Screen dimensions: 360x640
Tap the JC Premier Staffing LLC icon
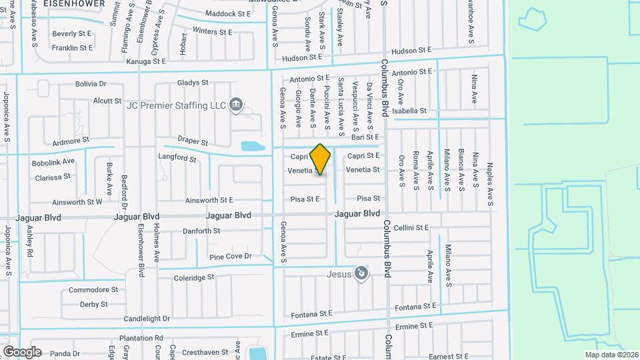tap(235, 105)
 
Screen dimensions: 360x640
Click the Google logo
tap(22, 351)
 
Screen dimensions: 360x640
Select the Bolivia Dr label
tap(91, 84)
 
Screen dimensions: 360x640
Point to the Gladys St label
tap(193, 83)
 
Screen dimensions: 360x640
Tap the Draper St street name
tap(193, 143)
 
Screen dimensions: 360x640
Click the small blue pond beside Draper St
tap(252, 146)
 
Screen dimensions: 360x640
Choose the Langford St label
tap(177, 158)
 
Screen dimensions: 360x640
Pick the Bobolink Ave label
tap(54, 162)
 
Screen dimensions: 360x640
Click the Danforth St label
tap(201, 231)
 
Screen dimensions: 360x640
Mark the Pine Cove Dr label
tap(230, 256)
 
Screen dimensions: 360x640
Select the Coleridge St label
tap(194, 277)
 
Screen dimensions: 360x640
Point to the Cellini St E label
tap(411, 227)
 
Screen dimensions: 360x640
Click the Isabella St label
tap(409, 111)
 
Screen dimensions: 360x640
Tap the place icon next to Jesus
tap(361, 273)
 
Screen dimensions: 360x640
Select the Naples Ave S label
tap(490, 177)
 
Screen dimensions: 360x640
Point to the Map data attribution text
tap(611, 355)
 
